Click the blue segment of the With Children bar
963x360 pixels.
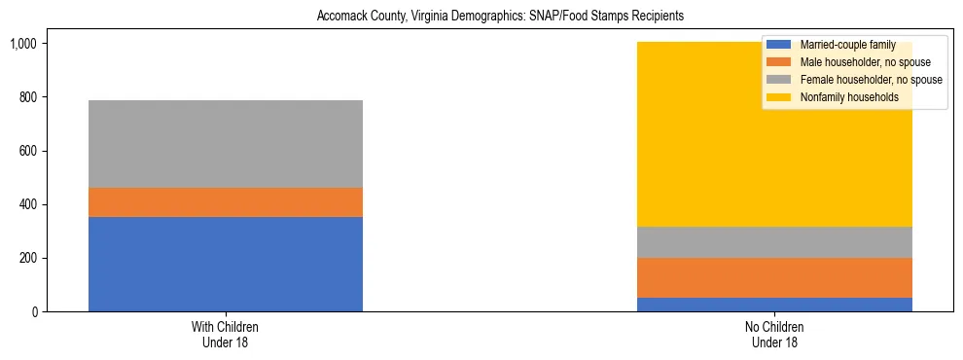[x=225, y=264]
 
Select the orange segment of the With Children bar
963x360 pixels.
[x=225, y=202]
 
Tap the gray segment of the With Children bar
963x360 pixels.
[x=225, y=144]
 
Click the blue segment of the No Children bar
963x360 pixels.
[x=774, y=305]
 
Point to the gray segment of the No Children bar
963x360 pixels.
[x=774, y=242]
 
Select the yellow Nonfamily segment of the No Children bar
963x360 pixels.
[x=681, y=146]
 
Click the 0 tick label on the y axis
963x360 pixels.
[x=34, y=312]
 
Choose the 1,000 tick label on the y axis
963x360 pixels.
[x=23, y=45]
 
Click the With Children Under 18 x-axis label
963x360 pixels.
[x=225, y=335]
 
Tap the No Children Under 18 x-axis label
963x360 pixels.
[x=774, y=335]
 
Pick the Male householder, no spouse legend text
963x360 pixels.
[x=851, y=62]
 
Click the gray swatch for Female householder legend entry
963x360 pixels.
[x=779, y=80]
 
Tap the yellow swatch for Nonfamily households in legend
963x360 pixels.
[x=779, y=97]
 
